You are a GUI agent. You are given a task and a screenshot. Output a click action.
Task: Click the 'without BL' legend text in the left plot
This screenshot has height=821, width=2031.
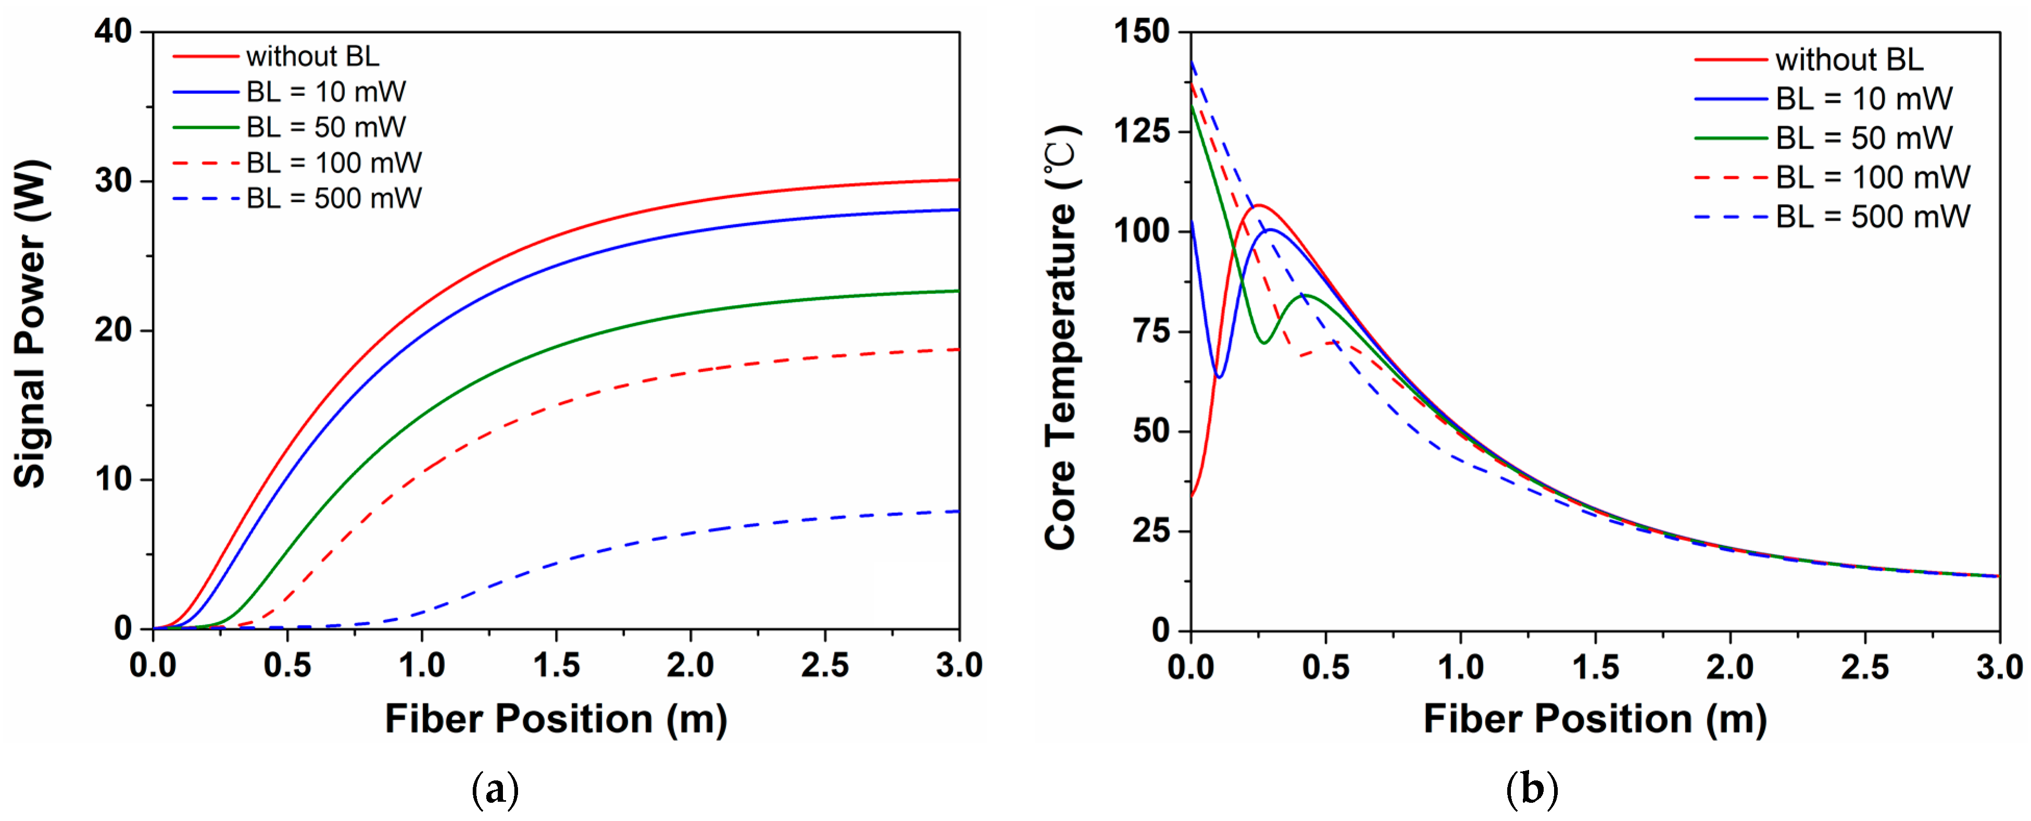[312, 57]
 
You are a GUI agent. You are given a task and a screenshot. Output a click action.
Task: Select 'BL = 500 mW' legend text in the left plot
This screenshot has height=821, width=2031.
[334, 198]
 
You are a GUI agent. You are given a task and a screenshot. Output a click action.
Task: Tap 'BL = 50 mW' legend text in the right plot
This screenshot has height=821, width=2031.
[1864, 138]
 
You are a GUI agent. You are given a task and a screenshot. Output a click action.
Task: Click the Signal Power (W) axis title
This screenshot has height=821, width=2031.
[32, 323]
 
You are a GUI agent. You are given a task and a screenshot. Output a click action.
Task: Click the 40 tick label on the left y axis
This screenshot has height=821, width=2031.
[113, 32]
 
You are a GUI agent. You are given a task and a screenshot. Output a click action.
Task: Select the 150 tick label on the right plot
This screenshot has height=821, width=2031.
[1141, 32]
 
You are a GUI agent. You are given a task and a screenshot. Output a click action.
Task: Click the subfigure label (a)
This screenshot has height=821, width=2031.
[495, 789]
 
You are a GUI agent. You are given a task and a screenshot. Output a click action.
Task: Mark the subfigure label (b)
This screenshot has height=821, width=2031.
[1532, 789]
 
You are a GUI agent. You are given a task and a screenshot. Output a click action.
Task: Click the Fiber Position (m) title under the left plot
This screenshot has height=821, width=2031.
[556, 718]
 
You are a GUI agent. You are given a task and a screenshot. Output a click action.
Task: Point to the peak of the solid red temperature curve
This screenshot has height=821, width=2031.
[1258, 206]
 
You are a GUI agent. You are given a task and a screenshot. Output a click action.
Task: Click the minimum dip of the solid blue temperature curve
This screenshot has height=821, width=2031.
[1219, 377]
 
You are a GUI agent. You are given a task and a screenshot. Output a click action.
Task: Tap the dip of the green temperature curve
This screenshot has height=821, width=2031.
[1264, 342]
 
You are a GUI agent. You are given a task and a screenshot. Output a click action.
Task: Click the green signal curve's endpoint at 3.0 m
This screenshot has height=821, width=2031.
[958, 291]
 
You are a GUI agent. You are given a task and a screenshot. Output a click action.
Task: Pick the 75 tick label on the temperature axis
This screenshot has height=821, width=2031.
[1151, 331]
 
